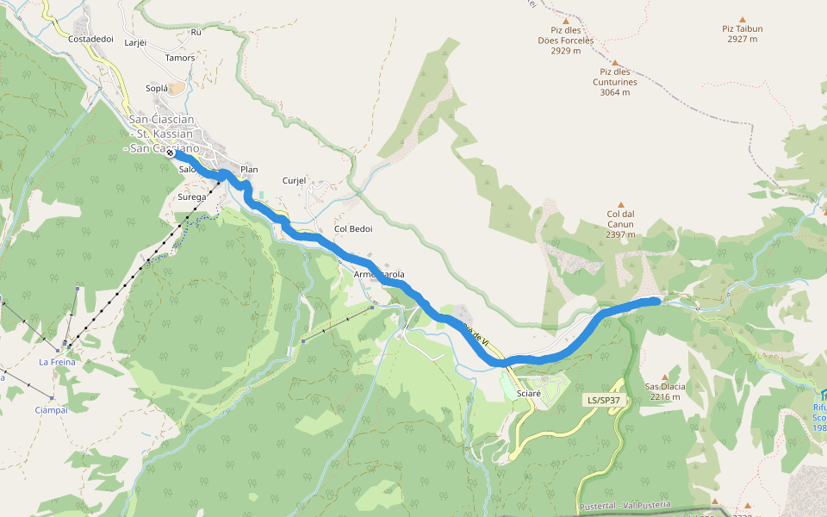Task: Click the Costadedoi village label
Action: coord(90,39)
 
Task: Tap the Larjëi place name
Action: coord(136,41)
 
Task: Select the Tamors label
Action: coord(180,58)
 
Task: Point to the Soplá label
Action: coord(157,88)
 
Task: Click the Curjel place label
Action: coord(295,181)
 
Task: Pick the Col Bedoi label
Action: coord(353,228)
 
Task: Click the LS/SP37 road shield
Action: coord(604,401)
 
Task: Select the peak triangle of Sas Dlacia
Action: coord(665,377)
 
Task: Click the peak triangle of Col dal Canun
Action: coord(620,205)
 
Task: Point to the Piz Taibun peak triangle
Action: coord(742,18)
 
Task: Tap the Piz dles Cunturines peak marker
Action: coord(615,63)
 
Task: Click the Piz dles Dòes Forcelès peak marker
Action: coord(566,21)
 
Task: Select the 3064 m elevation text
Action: coord(615,92)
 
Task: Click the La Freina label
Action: coord(57,362)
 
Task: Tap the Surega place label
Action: coord(192,196)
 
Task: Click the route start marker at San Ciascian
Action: coord(171,153)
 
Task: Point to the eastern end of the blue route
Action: coord(657,300)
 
